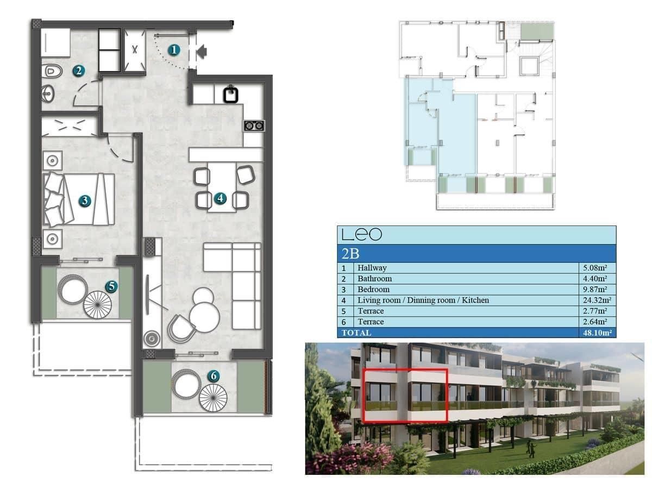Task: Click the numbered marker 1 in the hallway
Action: [x=174, y=51]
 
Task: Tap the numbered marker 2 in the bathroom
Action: [x=79, y=70]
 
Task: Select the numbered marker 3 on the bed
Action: [x=84, y=200]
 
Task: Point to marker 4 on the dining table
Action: [x=220, y=198]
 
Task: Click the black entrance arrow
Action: [x=201, y=52]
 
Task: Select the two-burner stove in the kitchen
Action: [x=254, y=126]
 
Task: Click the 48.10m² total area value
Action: [x=594, y=333]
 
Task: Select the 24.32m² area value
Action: [x=594, y=300]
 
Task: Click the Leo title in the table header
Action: [x=361, y=235]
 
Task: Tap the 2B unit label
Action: [x=350, y=253]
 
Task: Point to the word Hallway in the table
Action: [x=372, y=268]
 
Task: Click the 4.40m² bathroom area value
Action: [x=595, y=279]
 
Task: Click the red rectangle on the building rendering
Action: [x=405, y=395]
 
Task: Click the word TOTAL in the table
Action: [x=356, y=333]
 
